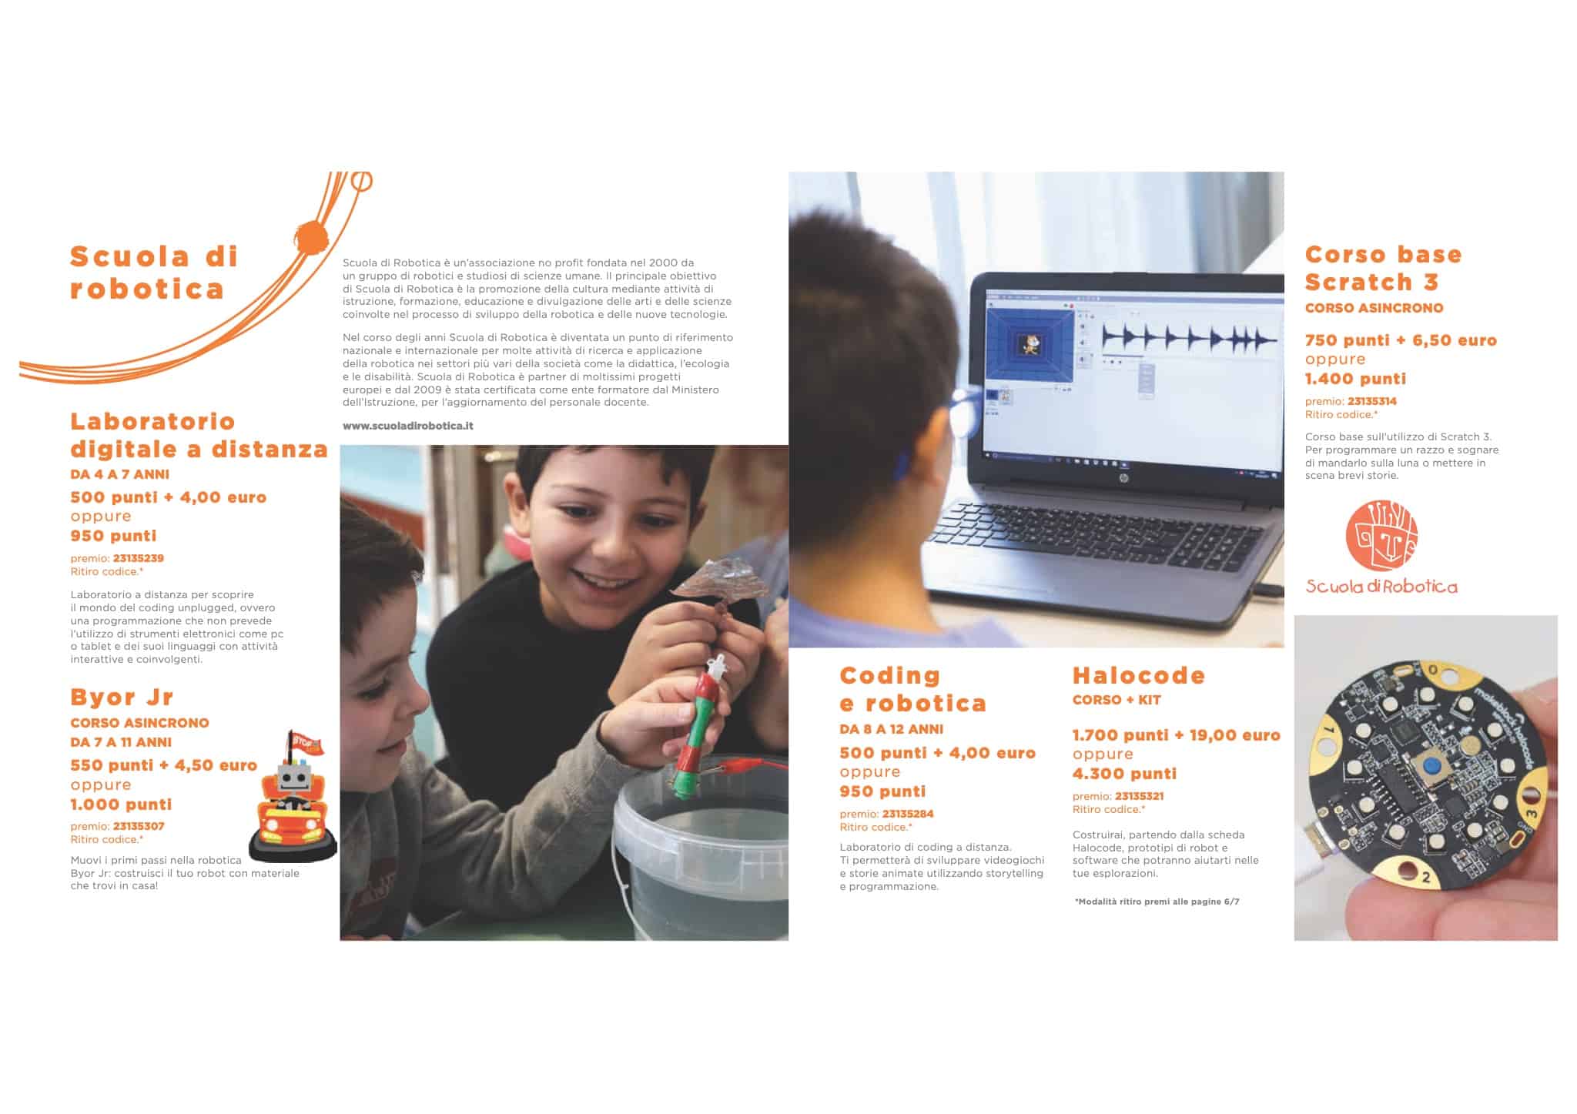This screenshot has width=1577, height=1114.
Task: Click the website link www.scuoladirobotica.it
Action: tap(407, 426)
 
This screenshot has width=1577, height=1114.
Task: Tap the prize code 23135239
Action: tap(139, 558)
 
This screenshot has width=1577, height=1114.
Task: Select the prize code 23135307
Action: tap(139, 826)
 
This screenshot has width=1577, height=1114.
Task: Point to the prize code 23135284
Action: tap(908, 814)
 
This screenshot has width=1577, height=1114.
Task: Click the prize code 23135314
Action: tap(1372, 401)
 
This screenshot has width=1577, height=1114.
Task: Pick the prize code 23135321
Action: tap(1139, 796)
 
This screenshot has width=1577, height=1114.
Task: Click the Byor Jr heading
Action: tap(122, 698)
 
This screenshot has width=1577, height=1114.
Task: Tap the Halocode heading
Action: tap(1138, 676)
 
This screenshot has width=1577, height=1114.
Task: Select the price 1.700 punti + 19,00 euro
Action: tap(1176, 735)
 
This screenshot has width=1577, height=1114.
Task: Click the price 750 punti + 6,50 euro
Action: tap(1401, 340)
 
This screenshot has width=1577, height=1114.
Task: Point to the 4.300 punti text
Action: tap(1124, 774)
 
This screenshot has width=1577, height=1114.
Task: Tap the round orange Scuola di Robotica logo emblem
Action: tap(1381, 536)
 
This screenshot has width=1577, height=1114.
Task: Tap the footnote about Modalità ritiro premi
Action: tap(1157, 902)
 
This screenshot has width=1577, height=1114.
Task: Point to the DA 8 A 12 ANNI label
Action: tap(891, 729)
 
